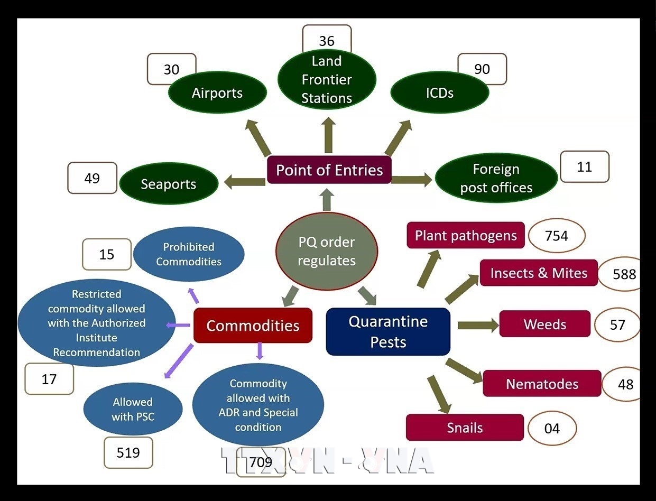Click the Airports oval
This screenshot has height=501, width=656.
point(217,92)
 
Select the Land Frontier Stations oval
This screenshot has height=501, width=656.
point(327,79)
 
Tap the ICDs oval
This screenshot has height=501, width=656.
point(440,92)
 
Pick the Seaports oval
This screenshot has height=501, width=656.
point(169,183)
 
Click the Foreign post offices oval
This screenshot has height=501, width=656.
point(496,178)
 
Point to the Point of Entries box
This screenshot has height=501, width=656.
point(329,170)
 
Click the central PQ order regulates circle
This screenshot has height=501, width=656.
point(327,252)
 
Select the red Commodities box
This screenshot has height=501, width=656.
point(253,326)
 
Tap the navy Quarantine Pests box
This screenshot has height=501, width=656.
point(388,331)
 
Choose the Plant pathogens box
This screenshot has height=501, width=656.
point(466,235)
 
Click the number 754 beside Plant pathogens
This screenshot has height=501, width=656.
point(557,236)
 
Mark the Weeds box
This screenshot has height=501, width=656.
point(545,324)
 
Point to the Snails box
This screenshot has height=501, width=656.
point(465,427)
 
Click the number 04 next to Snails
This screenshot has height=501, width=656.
point(552,428)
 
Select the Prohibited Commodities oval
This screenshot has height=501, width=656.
point(189,254)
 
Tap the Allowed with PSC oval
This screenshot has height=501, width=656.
point(133,409)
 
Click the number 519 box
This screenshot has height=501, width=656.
point(128,452)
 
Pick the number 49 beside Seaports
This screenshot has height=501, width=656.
point(92,178)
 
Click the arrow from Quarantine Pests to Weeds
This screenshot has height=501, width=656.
point(478,325)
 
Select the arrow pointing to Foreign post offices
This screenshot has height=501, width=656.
point(412,180)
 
